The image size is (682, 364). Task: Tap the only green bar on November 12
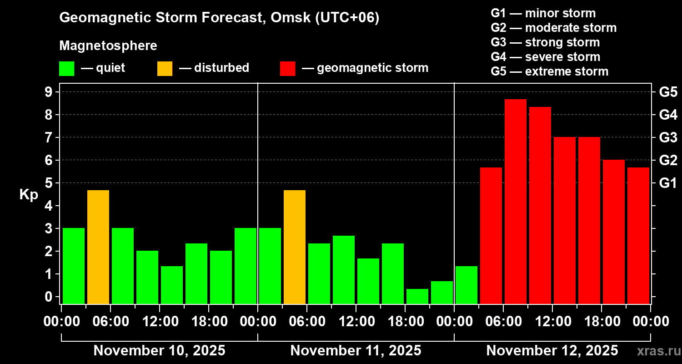(466, 285)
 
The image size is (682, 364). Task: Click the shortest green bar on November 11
(417, 296)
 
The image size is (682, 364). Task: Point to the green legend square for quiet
(66, 68)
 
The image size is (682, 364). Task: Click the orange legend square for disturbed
(165, 68)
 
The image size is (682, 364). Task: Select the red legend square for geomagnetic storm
(288, 68)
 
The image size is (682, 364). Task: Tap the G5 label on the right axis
(668, 92)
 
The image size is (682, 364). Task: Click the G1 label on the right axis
(668, 183)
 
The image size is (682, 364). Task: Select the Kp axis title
(29, 195)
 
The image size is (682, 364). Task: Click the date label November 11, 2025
(356, 351)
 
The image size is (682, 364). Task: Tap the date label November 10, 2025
(159, 351)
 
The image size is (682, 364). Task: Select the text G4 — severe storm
(545, 57)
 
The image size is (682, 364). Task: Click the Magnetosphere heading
(108, 46)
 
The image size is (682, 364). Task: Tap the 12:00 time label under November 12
(552, 322)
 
